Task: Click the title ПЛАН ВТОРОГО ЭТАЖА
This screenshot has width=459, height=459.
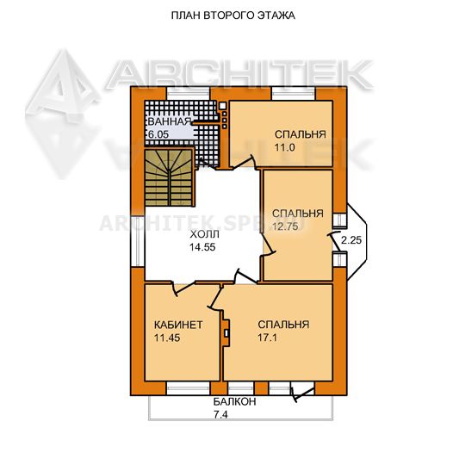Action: coord(233,16)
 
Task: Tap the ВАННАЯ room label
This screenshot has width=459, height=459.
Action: coord(170,121)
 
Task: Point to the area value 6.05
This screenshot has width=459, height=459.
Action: coord(158,134)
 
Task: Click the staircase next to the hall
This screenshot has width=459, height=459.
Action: coord(169,177)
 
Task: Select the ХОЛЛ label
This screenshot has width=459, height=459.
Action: coord(204,234)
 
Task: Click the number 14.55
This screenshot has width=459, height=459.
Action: coord(202,247)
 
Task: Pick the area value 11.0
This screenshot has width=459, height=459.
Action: coord(284,147)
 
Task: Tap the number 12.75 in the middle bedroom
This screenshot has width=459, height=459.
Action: coord(285,226)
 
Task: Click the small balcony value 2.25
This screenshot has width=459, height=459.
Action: coord(351,240)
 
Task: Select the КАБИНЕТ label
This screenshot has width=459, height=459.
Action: coord(178,325)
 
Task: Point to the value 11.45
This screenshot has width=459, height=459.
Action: coord(167,338)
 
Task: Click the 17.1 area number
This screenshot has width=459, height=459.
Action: coord(267,338)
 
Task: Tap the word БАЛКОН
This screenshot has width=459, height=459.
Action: coord(234,401)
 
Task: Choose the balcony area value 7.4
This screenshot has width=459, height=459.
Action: coord(220,415)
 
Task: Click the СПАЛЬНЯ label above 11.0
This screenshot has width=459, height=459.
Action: coord(301,134)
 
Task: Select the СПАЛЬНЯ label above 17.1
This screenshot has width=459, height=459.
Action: coord(283,325)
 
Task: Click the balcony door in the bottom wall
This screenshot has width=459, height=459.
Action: coord(302,391)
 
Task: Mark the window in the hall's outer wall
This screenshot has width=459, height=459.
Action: coord(138,241)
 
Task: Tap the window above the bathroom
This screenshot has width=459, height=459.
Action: coord(189,94)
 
